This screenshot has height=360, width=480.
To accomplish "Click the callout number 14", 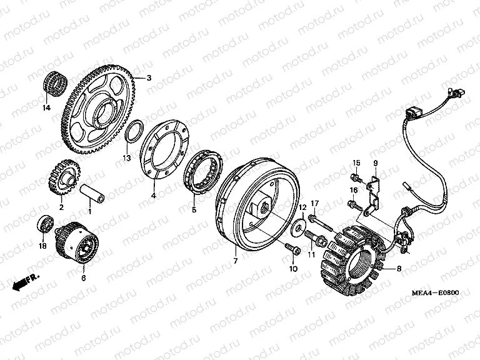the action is (46, 107).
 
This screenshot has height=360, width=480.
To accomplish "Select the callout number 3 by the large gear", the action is (149, 77).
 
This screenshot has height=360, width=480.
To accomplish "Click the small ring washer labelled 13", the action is (134, 132).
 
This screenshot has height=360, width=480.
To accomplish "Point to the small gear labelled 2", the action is (64, 177).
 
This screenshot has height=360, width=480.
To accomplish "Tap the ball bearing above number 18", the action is (45, 225).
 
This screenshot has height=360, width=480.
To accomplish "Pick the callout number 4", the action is (154, 195).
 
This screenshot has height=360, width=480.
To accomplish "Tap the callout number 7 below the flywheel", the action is (236, 261).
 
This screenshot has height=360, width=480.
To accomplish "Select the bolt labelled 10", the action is (293, 248).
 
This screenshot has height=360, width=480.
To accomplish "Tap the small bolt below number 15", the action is (356, 177).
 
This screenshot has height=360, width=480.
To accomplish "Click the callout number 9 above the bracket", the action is (375, 163).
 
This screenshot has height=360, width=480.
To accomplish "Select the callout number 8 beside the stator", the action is (399, 269).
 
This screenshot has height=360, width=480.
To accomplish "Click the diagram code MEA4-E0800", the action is (435, 292).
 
